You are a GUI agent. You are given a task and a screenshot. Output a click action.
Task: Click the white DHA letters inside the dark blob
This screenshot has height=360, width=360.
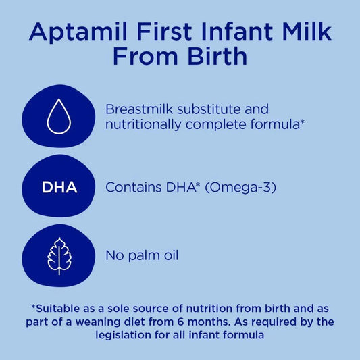[x=59, y=187]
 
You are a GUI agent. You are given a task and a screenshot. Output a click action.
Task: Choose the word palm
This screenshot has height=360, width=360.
[x=139, y=256]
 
